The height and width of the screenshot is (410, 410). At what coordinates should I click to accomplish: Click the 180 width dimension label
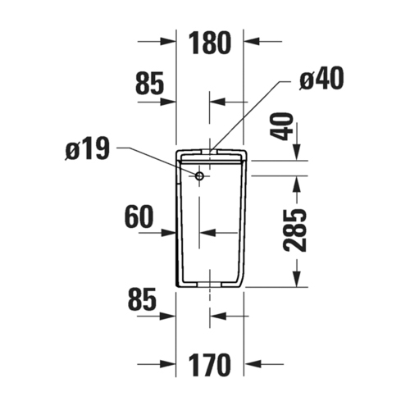click(210, 43)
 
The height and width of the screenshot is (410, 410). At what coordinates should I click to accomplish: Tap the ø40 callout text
click(321, 80)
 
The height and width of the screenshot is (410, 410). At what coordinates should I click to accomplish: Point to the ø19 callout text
click(88, 151)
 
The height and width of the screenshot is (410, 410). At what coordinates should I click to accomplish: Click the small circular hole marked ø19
click(199, 175)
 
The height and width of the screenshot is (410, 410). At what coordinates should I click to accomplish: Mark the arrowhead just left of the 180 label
click(171, 40)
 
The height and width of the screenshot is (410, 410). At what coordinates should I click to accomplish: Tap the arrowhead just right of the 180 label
click(250, 40)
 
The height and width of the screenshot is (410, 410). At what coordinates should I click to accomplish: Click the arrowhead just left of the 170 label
click(171, 363)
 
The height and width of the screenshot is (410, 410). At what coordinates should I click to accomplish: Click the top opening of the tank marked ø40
click(211, 150)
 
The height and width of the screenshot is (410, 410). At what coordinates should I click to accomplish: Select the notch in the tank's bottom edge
click(211, 284)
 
